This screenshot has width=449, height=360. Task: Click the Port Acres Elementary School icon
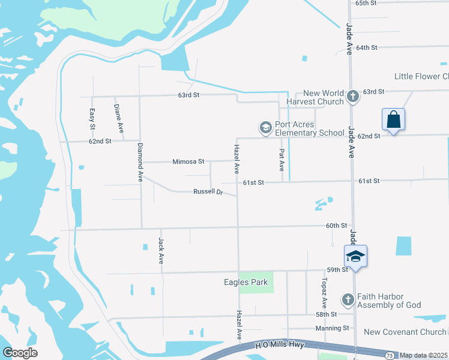[x=265, y=128]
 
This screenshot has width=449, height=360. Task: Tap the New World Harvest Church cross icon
[x=353, y=96]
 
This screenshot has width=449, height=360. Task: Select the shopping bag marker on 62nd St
[x=393, y=119]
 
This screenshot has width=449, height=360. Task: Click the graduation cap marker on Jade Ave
[x=355, y=256]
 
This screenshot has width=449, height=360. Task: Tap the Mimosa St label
[x=188, y=161]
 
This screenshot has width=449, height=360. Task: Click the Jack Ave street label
[x=161, y=251]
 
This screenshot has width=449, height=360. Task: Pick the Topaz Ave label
[x=324, y=293]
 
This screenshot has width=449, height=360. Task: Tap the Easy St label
[x=92, y=119]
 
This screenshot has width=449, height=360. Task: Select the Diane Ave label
[x=119, y=118]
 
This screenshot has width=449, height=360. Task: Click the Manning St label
[x=332, y=328]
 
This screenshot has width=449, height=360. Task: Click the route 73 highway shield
[x=390, y=356]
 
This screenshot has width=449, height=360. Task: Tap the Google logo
[x=20, y=353]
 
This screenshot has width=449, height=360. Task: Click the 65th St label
[x=366, y=3]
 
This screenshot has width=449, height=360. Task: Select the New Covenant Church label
[x=406, y=332]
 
